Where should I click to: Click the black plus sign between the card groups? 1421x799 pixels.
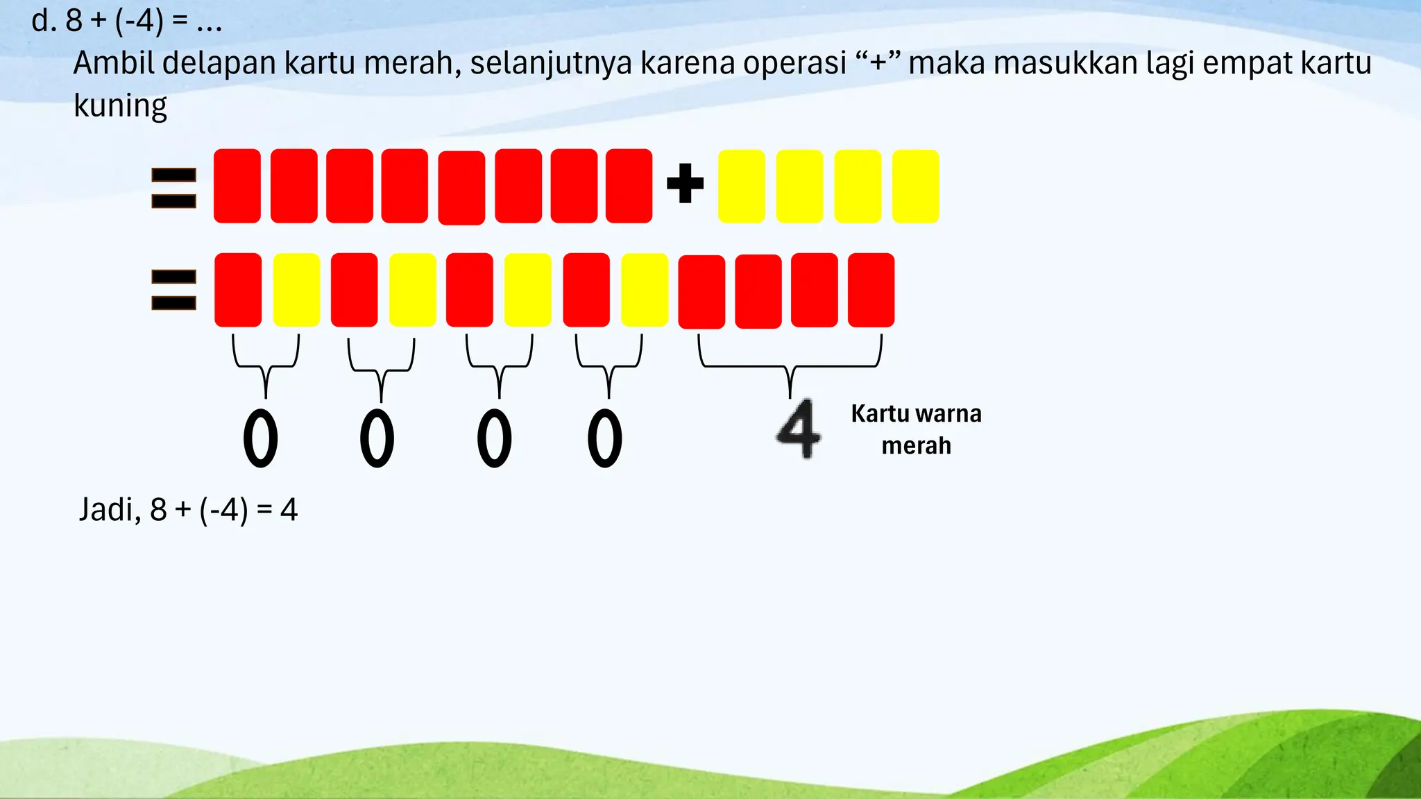click(x=685, y=184)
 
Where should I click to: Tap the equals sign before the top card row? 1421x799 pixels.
click(x=173, y=188)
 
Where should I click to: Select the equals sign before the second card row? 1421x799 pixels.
click(x=173, y=290)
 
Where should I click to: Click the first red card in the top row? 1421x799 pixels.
click(x=237, y=186)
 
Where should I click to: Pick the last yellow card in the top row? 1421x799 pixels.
click(x=915, y=187)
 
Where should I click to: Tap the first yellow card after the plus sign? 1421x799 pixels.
click(x=742, y=187)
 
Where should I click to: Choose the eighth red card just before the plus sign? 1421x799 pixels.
click(x=629, y=186)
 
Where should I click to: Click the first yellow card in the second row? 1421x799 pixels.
click(x=296, y=290)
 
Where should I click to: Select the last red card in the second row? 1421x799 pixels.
click(x=871, y=290)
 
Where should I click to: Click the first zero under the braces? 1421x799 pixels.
click(x=261, y=438)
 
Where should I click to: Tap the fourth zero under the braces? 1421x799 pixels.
click(x=605, y=438)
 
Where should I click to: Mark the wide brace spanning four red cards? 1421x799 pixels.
click(x=790, y=365)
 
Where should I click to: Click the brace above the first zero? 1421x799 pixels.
click(x=266, y=365)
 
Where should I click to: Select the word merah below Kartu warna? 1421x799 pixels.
click(x=916, y=445)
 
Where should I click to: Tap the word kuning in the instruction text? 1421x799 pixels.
click(x=120, y=106)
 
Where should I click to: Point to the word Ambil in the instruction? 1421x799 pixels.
click(x=114, y=63)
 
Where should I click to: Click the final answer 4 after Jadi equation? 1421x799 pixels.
click(x=289, y=510)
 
